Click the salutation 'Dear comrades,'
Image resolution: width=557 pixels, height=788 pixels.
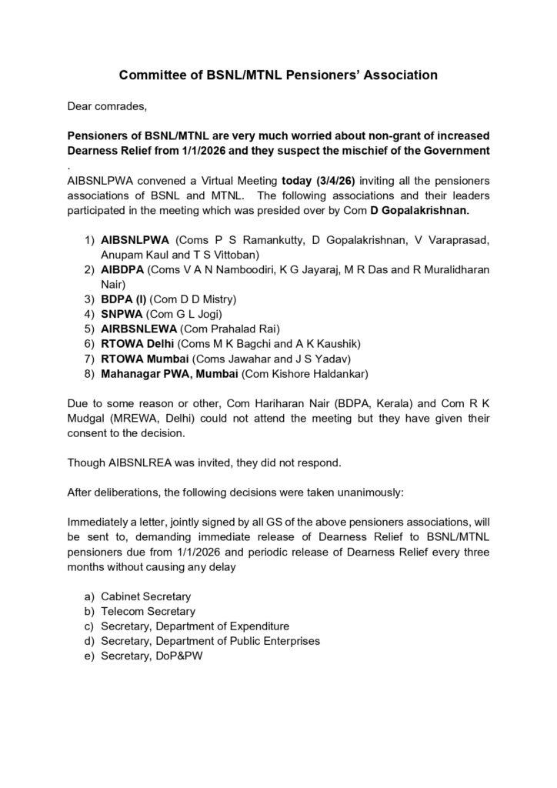105,105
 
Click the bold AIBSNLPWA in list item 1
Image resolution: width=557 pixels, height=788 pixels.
136,240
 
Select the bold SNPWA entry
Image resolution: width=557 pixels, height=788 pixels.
122,313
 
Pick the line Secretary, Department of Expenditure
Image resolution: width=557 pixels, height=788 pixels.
195,626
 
